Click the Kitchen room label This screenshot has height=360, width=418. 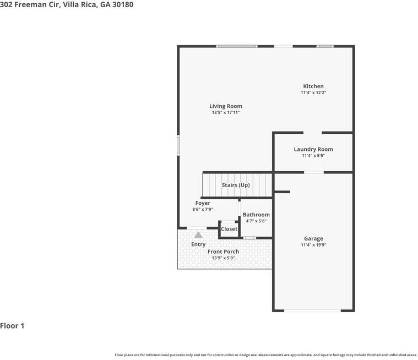pos(313,86)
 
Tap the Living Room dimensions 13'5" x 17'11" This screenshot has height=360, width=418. pos(226,112)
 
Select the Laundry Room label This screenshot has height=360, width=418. pos(313,149)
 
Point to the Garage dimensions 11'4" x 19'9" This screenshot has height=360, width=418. pos(313,245)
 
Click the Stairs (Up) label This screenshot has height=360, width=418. pos(236,185)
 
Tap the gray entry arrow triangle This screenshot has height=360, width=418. pos(198,234)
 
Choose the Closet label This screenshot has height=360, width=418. pos(229,229)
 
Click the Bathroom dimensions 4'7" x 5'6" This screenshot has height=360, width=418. pos(256,221)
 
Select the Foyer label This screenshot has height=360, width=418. pos(203,203)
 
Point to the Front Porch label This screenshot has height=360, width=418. pos(223,252)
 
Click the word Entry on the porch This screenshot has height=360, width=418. pos(198,244)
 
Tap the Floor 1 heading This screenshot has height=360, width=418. pos(12,326)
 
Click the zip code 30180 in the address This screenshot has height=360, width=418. pos(123,4)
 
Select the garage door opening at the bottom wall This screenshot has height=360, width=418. pos(312,310)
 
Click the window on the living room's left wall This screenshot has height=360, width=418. pos(178,145)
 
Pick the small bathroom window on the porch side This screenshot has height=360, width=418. pos(250,238)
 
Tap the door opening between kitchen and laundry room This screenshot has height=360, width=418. pos(312,133)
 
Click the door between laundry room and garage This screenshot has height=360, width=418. pos(314,172)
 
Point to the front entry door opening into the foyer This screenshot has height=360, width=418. pos(197,228)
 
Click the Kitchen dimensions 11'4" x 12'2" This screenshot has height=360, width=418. pos(313,92)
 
